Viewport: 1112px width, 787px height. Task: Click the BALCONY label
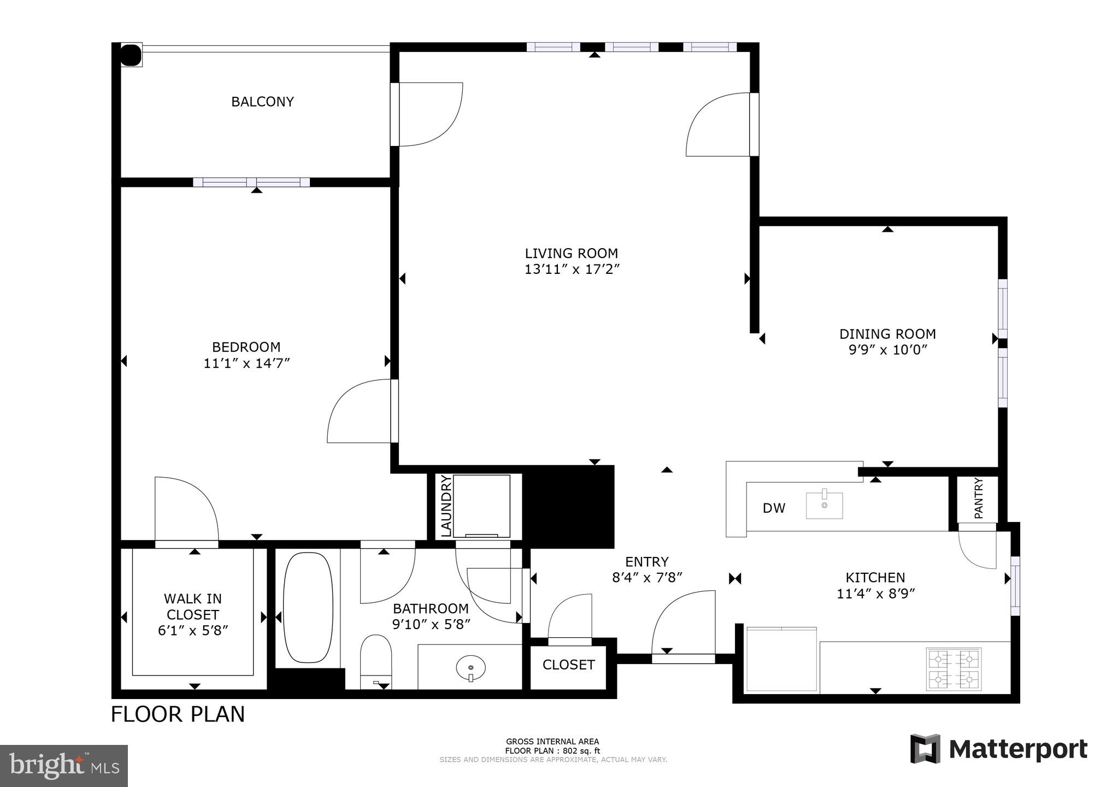coord(262,102)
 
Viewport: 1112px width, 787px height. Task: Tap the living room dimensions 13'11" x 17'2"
coord(572,269)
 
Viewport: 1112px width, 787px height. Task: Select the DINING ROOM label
coord(887,334)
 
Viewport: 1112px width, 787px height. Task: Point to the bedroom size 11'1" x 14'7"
coord(246,363)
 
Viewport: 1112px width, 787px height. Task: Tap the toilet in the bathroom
coord(376,659)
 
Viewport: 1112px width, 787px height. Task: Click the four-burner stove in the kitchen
coord(953,668)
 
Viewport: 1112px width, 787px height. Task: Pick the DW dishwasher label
coord(774,508)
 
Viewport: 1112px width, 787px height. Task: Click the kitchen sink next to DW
coord(824,505)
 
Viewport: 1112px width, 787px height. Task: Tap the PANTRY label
coord(978,498)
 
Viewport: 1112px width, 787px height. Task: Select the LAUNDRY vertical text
coord(446,506)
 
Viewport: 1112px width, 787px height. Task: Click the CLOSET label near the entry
coord(568,665)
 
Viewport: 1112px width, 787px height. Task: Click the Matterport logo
coord(999,749)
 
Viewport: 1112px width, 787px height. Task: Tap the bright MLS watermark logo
coord(64,765)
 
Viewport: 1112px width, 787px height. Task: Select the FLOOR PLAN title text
coord(178,714)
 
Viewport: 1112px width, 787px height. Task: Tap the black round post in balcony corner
coord(130,55)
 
